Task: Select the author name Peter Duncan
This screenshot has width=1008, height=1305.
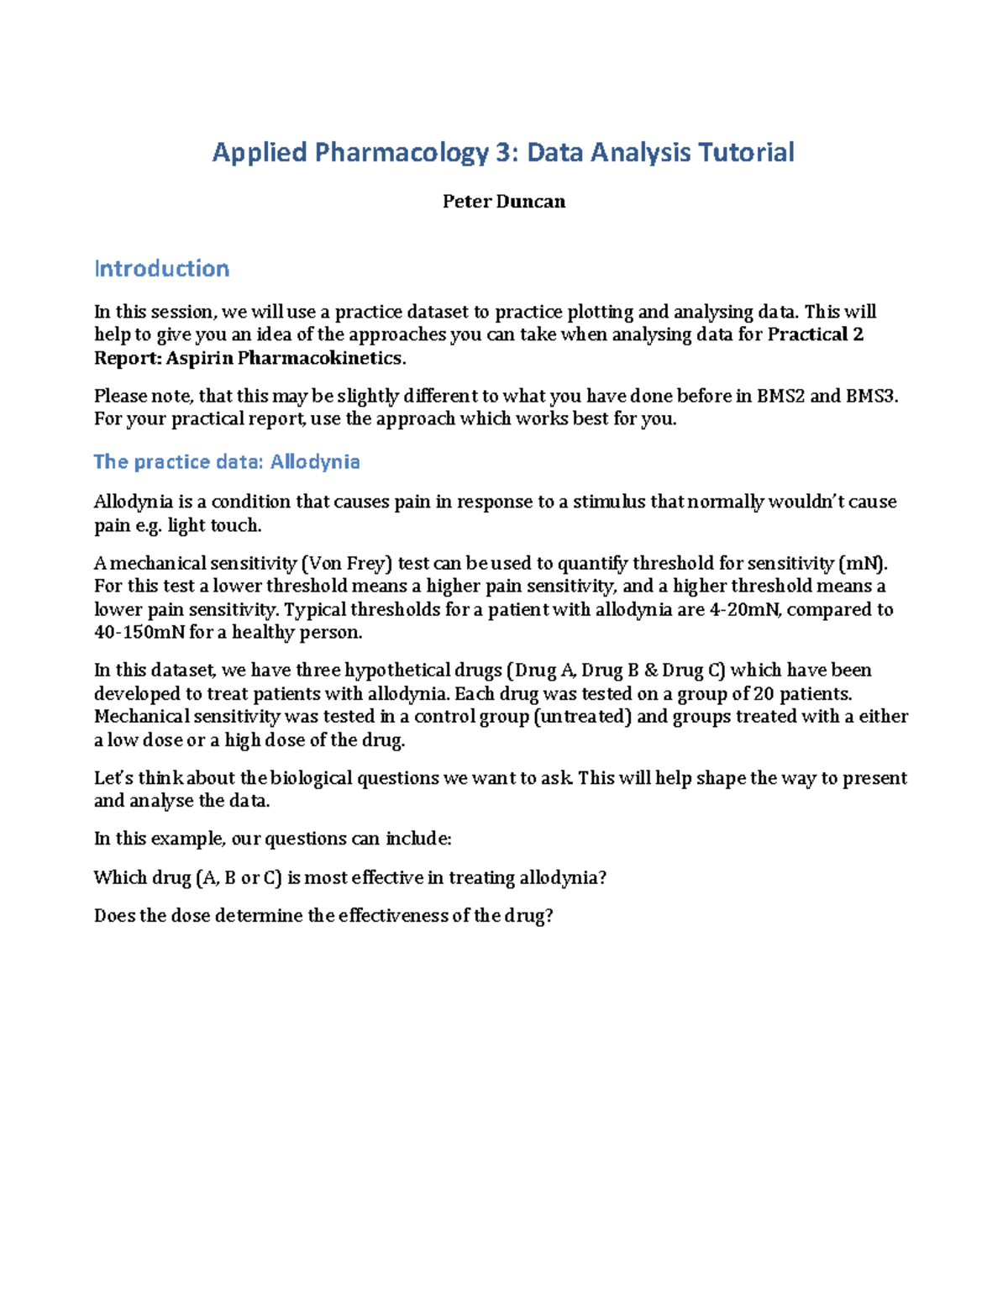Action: (x=504, y=202)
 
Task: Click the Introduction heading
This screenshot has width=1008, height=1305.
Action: (x=161, y=269)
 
